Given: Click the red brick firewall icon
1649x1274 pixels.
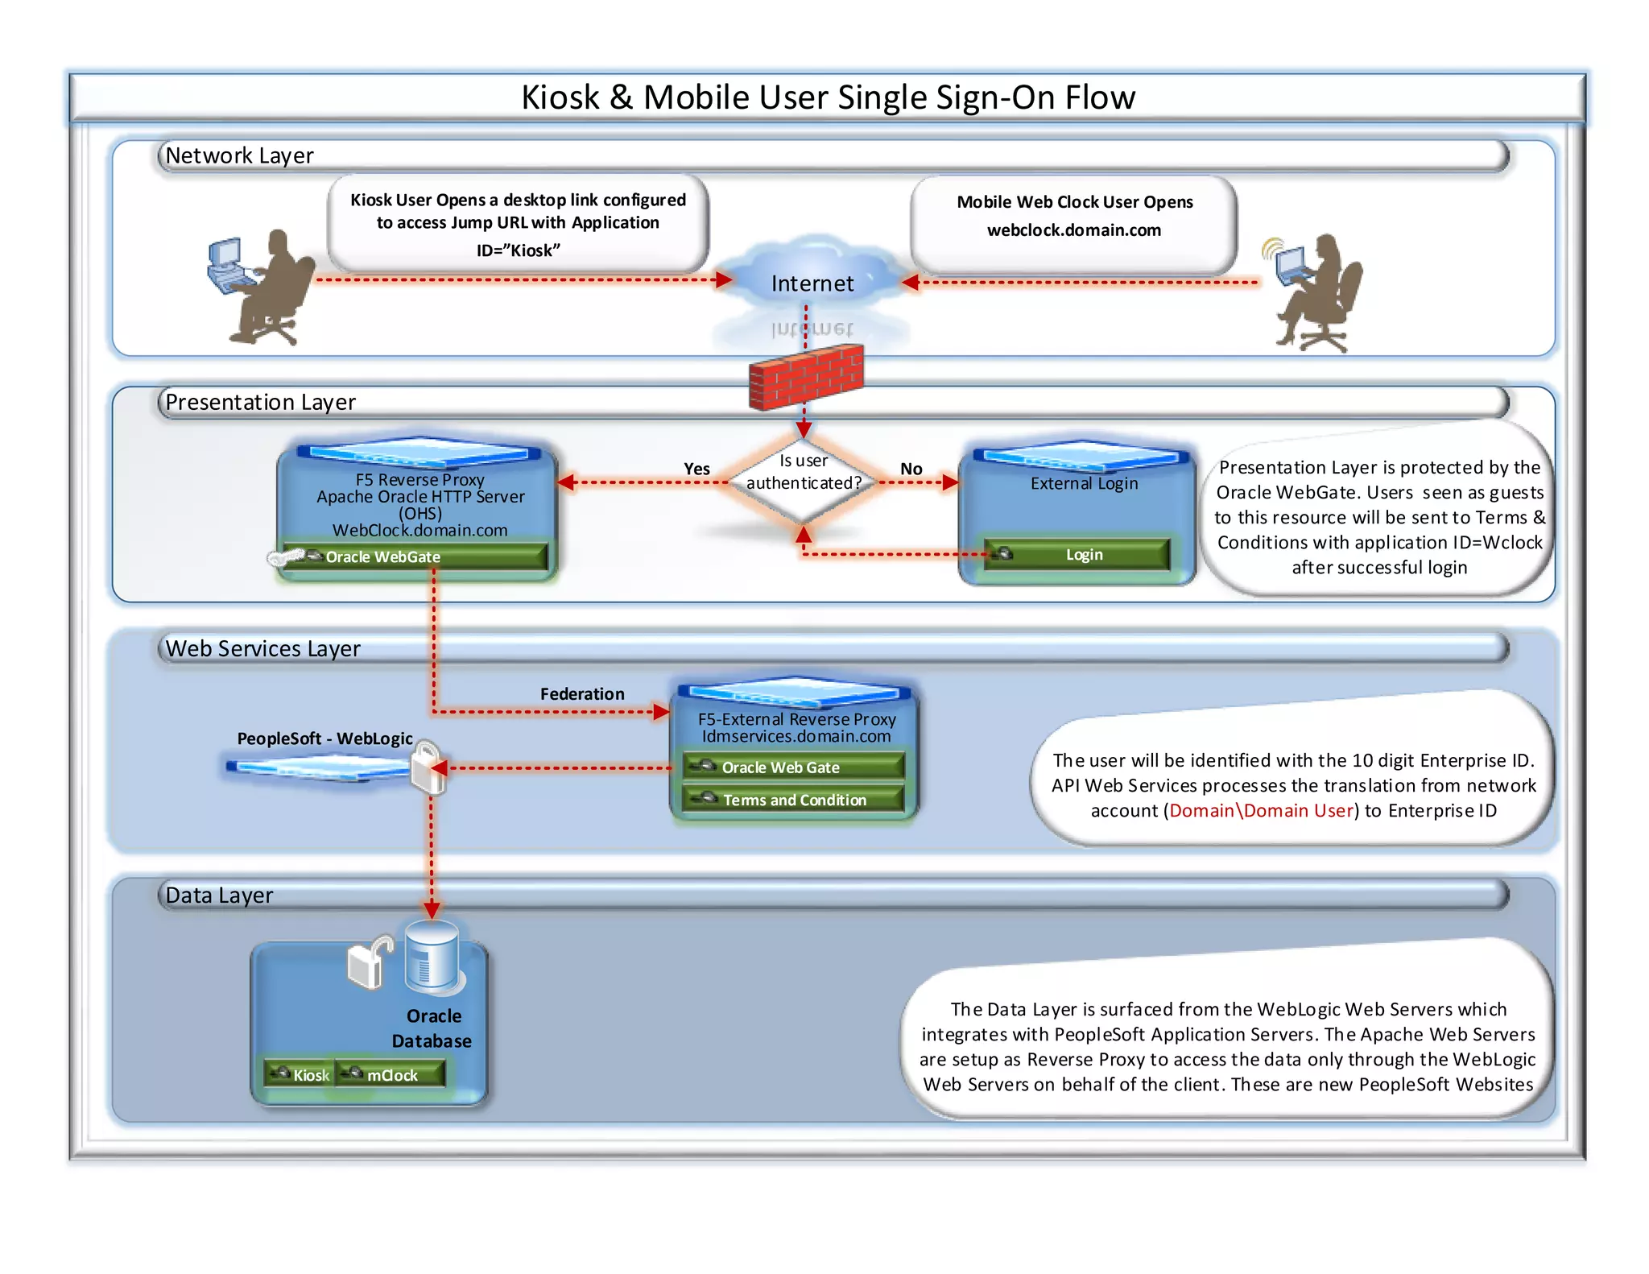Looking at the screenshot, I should point(805,377).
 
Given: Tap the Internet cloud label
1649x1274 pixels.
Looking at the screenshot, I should point(812,283).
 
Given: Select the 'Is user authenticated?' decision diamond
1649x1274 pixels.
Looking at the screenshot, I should point(803,482).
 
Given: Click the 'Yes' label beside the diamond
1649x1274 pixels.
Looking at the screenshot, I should point(696,469).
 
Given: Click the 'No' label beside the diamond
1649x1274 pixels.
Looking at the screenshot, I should point(911,469).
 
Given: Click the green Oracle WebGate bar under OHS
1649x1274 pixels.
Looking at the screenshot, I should point(415,556).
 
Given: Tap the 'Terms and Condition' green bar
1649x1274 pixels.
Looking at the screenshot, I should point(793,800).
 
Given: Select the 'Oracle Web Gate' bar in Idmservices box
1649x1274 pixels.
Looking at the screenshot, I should point(793,767).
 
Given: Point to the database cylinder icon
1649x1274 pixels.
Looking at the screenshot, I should point(432,957).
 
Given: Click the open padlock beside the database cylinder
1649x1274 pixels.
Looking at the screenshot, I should point(369,962).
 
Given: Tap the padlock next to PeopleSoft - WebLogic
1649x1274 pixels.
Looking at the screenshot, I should point(428,767).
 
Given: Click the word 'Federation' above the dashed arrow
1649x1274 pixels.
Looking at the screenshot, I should point(581,693).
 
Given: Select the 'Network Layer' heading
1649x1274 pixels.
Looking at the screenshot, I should point(239,155).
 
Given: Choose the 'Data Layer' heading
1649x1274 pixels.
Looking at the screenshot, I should point(219,896).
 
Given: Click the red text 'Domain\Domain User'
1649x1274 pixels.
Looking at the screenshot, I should point(1261,810).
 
